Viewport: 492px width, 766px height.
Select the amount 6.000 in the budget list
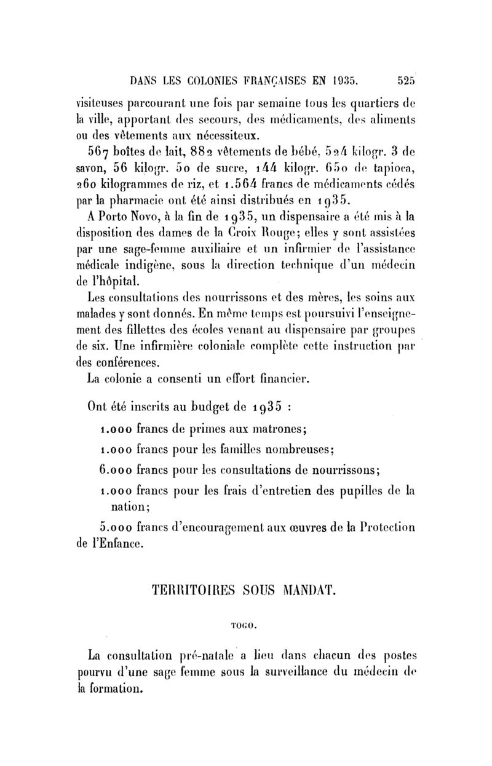(x=113, y=470)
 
